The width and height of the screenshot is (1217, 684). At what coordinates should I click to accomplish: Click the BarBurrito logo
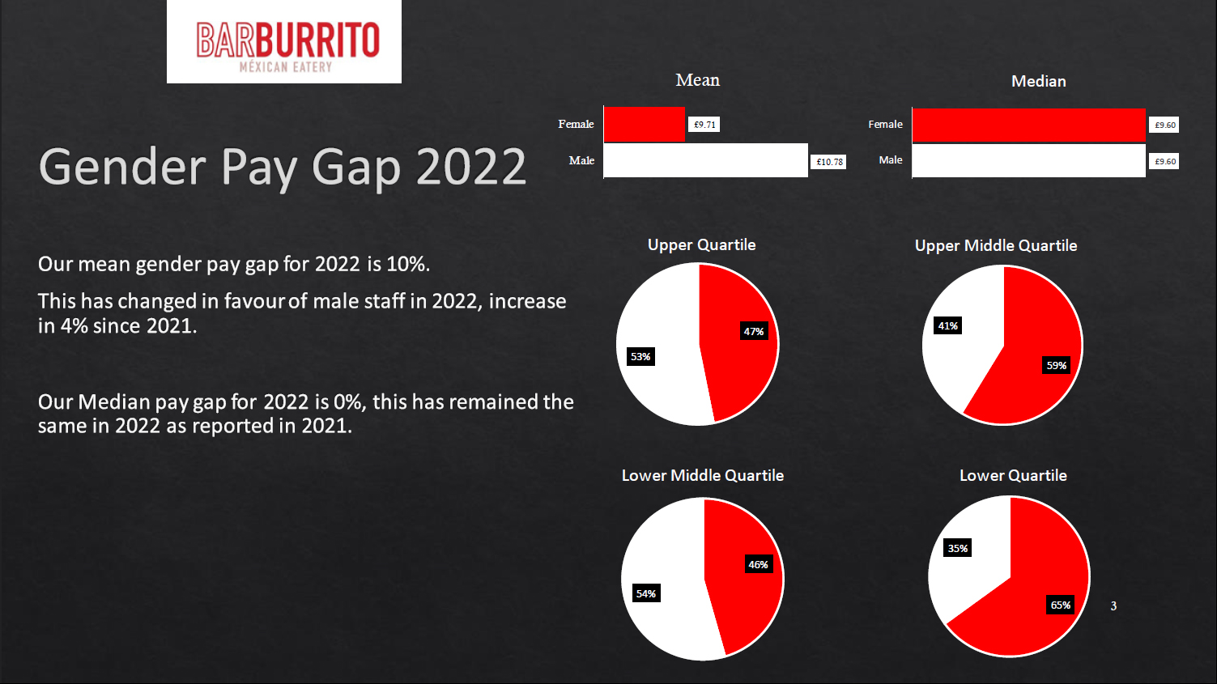coord(284,42)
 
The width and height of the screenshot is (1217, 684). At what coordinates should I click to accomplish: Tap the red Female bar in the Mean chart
coord(645,125)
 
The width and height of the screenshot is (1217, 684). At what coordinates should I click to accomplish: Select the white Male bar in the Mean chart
coord(705,160)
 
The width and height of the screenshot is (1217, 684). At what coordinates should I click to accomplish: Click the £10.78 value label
coord(829,162)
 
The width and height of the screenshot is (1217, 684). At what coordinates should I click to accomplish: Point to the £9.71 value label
coord(704,125)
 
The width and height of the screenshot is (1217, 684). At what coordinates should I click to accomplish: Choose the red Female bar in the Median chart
coord(1028,125)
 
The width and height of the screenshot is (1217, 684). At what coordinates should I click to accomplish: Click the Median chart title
coord(1038,81)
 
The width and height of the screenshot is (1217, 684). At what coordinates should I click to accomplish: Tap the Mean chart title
coord(697,80)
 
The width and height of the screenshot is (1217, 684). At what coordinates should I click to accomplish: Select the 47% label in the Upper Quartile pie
coord(754,331)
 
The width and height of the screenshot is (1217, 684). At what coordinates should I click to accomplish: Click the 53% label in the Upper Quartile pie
coord(640,356)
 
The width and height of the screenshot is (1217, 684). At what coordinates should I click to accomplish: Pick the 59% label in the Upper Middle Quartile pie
coord(1057,365)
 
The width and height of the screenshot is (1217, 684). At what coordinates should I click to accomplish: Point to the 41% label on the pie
coord(947,325)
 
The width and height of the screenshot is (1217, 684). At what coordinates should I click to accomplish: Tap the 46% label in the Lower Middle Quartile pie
coord(758,564)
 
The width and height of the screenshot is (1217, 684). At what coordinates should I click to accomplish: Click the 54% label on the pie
coord(646,593)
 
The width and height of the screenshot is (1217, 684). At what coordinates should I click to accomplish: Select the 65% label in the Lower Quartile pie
coord(1061,605)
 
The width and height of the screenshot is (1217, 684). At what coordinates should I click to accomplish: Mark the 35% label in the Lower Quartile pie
coord(958,548)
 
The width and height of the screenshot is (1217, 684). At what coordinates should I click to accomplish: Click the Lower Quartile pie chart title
coord(1013,475)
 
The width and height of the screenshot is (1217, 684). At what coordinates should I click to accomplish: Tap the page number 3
coord(1113,605)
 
